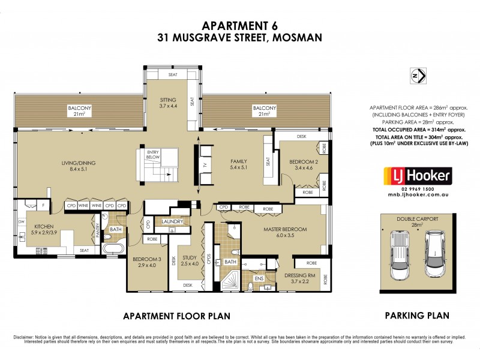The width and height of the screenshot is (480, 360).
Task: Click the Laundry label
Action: [173, 222]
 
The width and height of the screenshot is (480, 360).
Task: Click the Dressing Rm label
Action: [306, 277]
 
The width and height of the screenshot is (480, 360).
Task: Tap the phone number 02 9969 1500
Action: [417, 188]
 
